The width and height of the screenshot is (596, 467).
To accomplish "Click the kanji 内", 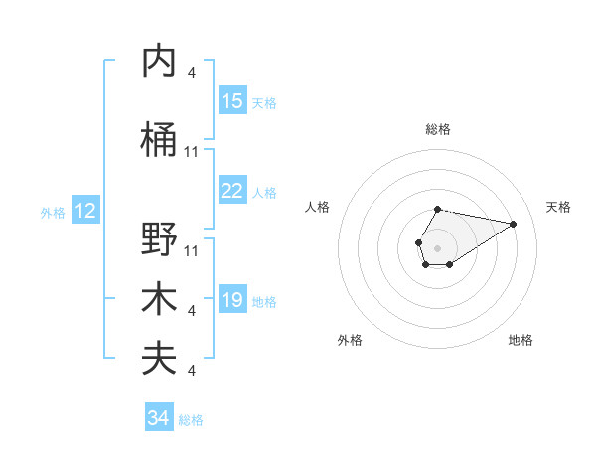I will click(x=159, y=62).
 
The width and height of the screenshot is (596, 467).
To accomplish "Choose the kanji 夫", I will click(x=159, y=359).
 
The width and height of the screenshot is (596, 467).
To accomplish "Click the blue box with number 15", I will click(x=232, y=101).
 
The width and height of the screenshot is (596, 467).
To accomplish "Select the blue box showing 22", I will click(x=232, y=191).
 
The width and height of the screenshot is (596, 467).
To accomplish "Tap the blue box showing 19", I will click(x=232, y=300).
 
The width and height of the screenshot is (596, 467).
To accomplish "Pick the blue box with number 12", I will click(x=85, y=211).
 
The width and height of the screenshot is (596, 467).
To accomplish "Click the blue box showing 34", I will click(x=158, y=418).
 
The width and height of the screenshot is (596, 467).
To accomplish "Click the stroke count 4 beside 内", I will click(x=192, y=72).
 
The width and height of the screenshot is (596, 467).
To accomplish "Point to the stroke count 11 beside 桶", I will click(x=192, y=151).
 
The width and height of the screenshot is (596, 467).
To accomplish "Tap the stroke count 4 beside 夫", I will click(x=192, y=371).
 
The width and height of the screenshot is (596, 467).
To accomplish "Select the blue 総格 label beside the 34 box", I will click(x=191, y=420).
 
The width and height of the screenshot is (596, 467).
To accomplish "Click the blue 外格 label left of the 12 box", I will click(x=52, y=212).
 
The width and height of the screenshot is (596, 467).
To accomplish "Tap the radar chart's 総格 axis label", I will click(x=437, y=129).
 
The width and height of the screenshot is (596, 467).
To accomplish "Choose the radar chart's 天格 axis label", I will click(x=558, y=207).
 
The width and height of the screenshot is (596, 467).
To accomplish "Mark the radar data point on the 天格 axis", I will click(x=514, y=223).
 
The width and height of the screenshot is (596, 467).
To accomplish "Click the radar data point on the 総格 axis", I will click(x=437, y=210).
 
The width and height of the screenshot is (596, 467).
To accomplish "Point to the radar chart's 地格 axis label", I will click(x=521, y=340).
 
